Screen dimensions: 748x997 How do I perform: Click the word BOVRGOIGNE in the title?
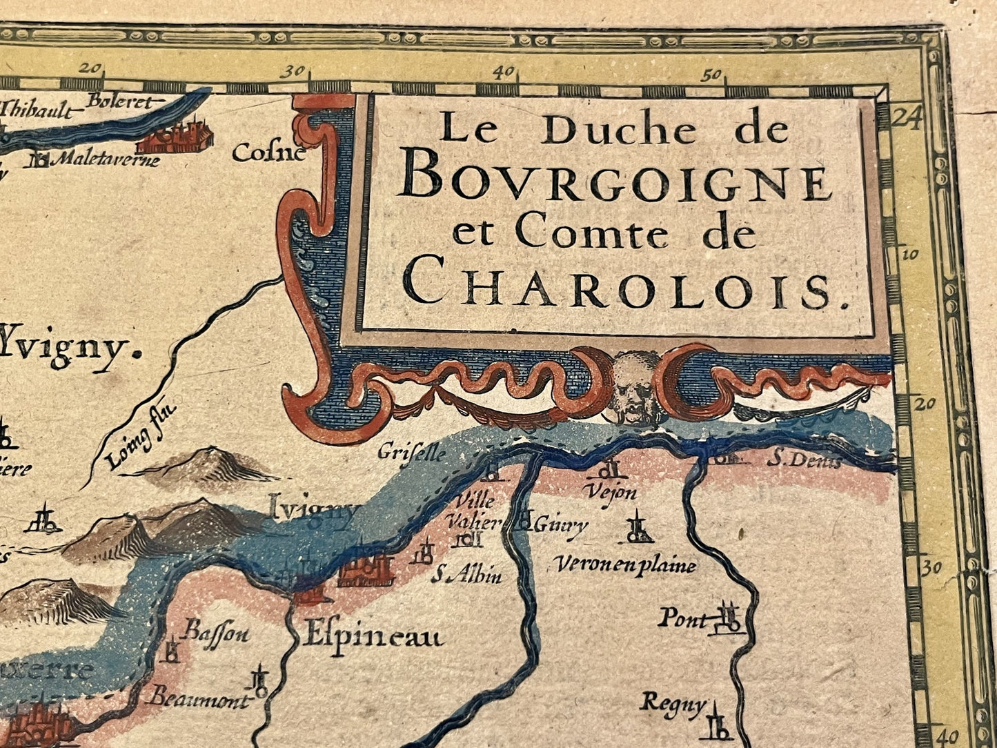pyautogui.click(x=615, y=182)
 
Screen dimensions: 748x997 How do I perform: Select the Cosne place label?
pyautogui.click(x=268, y=152)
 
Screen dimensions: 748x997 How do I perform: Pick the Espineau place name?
pyautogui.click(x=371, y=637)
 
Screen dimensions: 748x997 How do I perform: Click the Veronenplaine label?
pyautogui.click(x=625, y=566)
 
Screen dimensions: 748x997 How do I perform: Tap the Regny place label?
pyautogui.click(x=673, y=705)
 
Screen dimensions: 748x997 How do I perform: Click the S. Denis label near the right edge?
pyautogui.click(x=804, y=460)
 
